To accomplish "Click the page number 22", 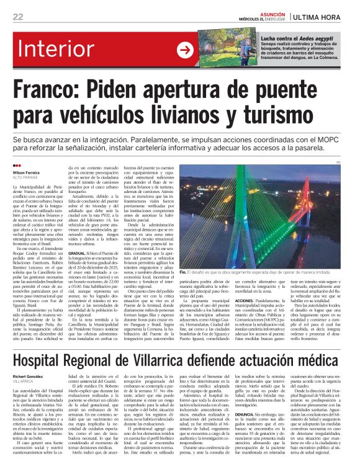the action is [x=19, y=16].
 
